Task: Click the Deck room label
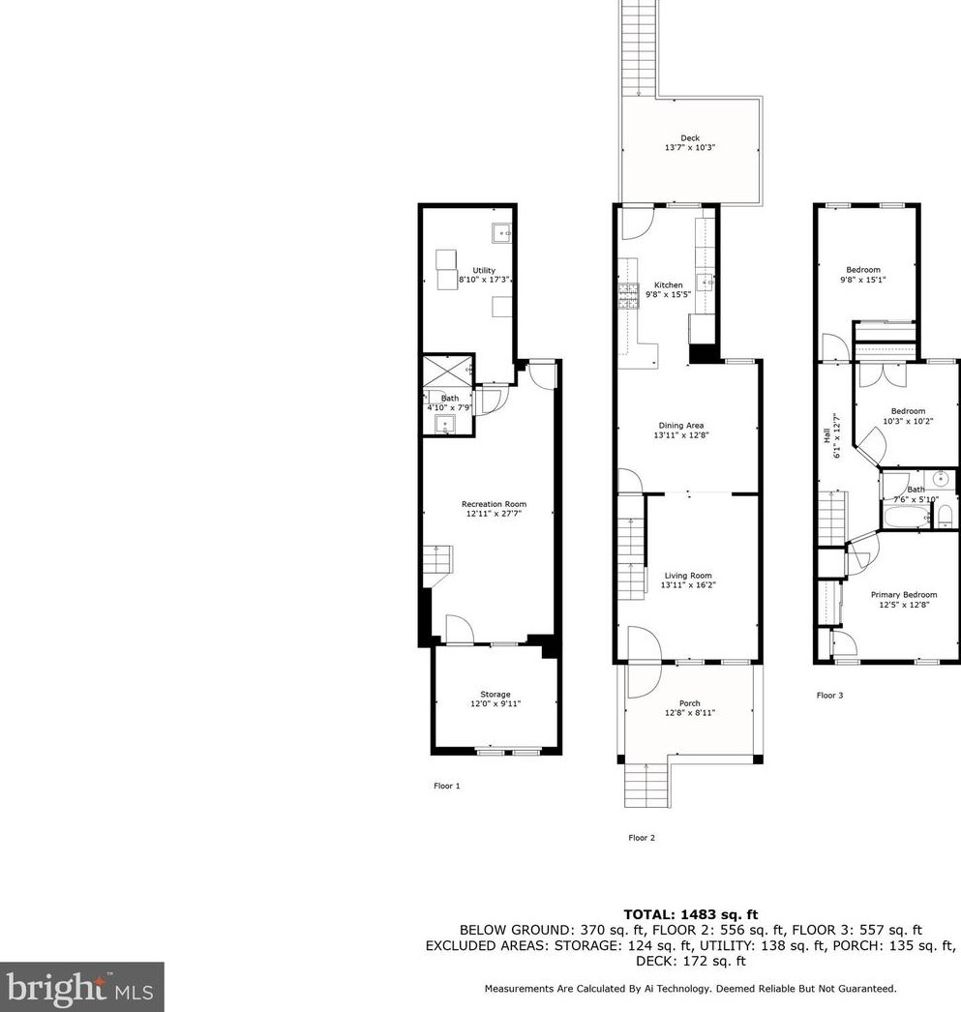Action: point(690,138)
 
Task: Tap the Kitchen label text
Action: point(669,284)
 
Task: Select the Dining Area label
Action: point(681,426)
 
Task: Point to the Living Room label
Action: point(688,576)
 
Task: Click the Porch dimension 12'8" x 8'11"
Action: point(690,712)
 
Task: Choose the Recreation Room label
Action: point(494,504)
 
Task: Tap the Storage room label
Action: point(496,695)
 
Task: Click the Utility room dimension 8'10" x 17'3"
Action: point(484,281)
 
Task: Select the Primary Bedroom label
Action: point(904,595)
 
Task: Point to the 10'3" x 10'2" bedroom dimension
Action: point(908,421)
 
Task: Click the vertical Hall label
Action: point(826,436)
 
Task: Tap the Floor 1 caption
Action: point(446,787)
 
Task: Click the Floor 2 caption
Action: point(642,838)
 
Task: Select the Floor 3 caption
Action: point(830,695)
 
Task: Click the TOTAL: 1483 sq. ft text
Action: point(691,914)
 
